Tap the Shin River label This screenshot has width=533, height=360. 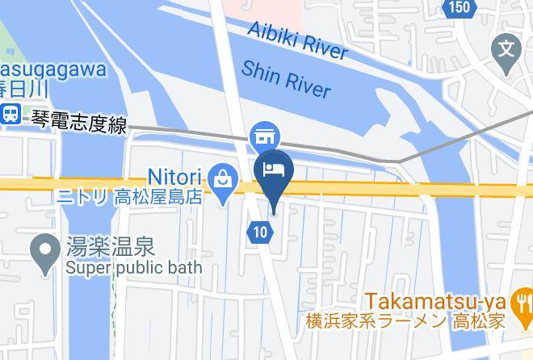click(286, 78)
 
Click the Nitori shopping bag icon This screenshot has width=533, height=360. click(220, 177)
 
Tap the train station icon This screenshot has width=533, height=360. click(10, 114)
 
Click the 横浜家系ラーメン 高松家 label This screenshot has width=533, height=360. click(407, 320)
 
